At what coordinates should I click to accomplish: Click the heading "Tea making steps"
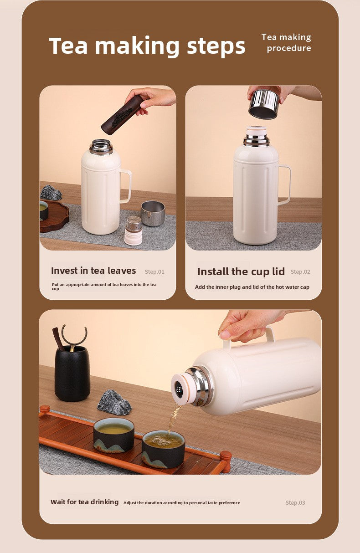point(147,46)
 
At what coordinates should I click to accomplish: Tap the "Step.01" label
point(154,272)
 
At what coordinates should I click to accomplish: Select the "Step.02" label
point(300,272)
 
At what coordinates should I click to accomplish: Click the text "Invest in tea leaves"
point(93,271)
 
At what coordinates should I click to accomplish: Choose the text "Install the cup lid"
point(241,271)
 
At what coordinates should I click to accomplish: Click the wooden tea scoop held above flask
point(122,115)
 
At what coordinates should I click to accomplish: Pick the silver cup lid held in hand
point(264,104)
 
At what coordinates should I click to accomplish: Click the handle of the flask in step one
point(126,186)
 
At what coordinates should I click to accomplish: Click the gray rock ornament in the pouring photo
point(114,402)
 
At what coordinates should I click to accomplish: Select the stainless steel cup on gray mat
point(153,213)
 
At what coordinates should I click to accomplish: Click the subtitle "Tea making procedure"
point(287,42)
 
